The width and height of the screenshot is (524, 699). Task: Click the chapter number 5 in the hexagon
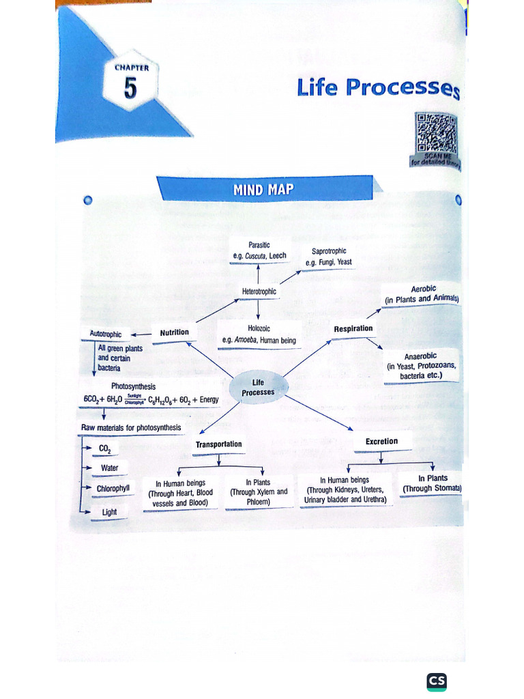pyautogui.click(x=130, y=89)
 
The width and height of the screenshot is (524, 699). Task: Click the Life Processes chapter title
pyautogui.click(x=377, y=88)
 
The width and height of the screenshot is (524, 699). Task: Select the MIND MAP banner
pyautogui.click(x=264, y=188)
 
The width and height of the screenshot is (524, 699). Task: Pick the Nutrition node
pyautogui.click(x=174, y=332)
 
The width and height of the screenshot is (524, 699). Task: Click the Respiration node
pyautogui.click(x=353, y=328)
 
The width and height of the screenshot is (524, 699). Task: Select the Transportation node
pyautogui.click(x=218, y=444)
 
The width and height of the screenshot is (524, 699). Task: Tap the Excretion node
pyautogui.click(x=381, y=441)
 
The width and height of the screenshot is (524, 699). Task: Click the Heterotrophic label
pyautogui.click(x=259, y=291)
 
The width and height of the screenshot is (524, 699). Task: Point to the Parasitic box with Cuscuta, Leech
pyautogui.click(x=259, y=251)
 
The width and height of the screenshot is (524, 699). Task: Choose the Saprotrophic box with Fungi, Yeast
pyautogui.click(x=328, y=257)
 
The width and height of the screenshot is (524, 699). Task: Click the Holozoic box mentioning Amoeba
pyautogui.click(x=259, y=334)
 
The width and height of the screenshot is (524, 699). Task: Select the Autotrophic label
pyautogui.click(x=106, y=334)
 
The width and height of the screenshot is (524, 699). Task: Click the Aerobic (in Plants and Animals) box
pyautogui.click(x=422, y=294)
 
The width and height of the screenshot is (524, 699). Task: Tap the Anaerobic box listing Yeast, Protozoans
pyautogui.click(x=420, y=366)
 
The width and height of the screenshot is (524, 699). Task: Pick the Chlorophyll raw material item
pyautogui.click(x=113, y=489)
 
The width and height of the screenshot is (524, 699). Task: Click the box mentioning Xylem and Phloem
pyautogui.click(x=259, y=492)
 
